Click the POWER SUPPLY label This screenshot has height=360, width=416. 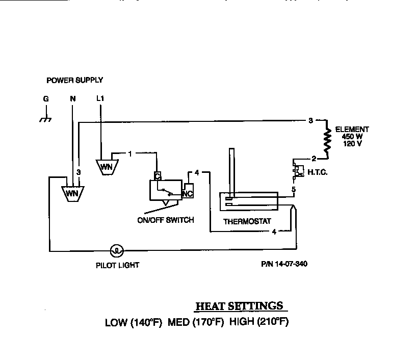74,80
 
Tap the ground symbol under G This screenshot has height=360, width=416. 45,120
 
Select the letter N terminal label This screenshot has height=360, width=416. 72,99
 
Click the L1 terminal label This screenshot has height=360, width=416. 100,98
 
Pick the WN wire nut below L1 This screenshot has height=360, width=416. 106,166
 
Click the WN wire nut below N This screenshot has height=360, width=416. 72,193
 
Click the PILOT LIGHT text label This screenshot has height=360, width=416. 117,265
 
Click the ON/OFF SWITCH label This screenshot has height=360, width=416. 166,220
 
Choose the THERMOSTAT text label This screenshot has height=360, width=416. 247,221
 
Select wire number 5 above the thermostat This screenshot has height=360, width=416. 293,190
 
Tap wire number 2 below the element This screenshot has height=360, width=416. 314,158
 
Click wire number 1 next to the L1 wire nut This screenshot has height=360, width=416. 130,153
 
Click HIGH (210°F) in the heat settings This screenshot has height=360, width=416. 259,322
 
